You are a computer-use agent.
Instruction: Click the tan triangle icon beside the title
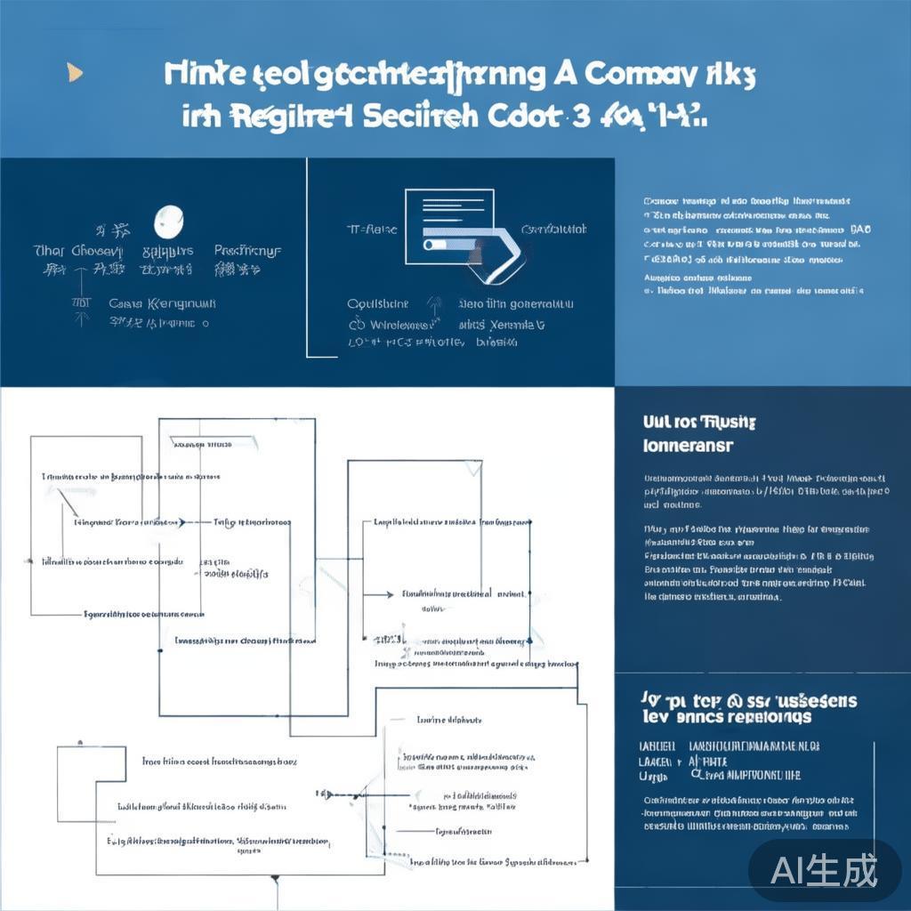[75, 72]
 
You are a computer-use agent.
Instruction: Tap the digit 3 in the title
[581, 117]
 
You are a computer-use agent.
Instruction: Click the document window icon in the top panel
[449, 226]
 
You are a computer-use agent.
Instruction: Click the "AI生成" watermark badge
[823, 870]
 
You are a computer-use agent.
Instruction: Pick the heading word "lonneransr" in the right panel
[688, 445]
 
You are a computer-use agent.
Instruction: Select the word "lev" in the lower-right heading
[654, 717]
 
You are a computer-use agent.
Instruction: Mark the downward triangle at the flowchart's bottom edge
[275, 881]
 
